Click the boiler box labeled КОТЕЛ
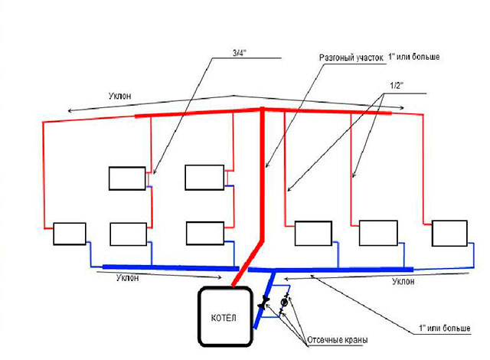[225, 316]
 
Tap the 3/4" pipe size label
[240, 53]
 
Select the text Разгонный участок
[351, 57]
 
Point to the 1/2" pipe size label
[397, 86]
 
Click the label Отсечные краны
[337, 340]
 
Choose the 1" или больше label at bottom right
[444, 328]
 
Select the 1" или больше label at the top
[413, 57]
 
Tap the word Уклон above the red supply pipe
[119, 96]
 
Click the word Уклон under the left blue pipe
[127, 278]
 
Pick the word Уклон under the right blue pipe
[403, 281]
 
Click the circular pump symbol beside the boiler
[284, 303]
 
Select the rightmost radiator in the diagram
[449, 233]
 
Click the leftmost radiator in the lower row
[70, 234]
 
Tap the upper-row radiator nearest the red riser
[204, 178]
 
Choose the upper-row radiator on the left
[127, 178]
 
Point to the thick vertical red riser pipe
[263, 175]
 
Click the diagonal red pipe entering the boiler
[248, 263]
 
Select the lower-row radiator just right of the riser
[313, 233]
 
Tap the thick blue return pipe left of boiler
[171, 268]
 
